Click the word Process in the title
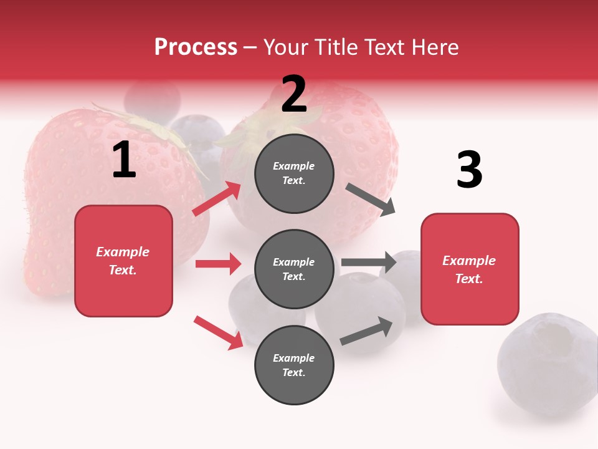[196, 47]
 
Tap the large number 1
[124, 160]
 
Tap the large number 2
[294, 95]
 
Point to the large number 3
[469, 170]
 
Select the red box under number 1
[123, 261]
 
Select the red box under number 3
[470, 269]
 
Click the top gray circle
[294, 173]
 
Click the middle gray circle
[294, 269]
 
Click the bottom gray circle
[294, 365]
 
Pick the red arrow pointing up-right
[217, 199]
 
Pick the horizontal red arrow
[218, 264]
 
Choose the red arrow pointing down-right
[218, 332]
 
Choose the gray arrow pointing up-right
[366, 331]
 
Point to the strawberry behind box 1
[56, 187]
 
